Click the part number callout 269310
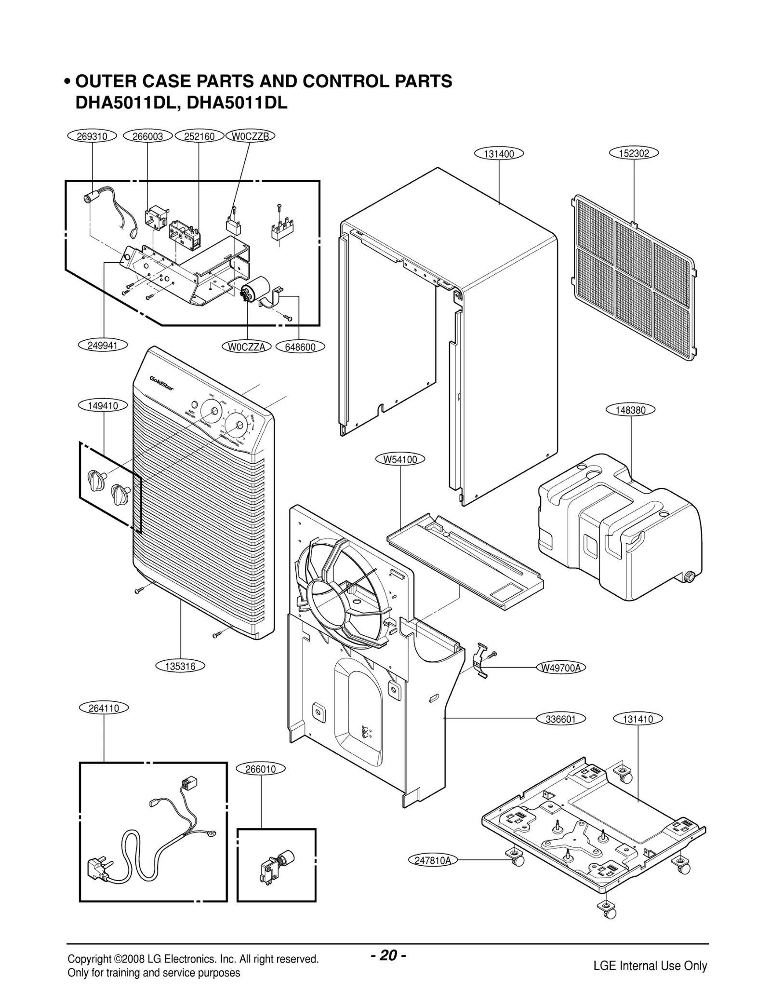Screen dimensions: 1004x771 tap(92, 136)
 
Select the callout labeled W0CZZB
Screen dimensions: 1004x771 tap(250, 136)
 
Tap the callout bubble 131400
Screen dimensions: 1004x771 tap(498, 154)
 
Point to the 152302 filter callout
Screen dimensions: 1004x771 tap(634, 153)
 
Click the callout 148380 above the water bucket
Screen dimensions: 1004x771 tap(631, 410)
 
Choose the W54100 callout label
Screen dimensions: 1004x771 tap(400, 459)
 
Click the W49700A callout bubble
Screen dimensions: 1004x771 tap(560, 668)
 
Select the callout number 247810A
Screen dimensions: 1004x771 tap(432, 860)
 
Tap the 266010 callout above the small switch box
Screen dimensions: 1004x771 tap(261, 769)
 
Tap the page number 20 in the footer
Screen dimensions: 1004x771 tap(388, 955)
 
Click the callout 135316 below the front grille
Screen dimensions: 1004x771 tap(181, 666)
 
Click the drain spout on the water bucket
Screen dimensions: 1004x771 tap(690, 575)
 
